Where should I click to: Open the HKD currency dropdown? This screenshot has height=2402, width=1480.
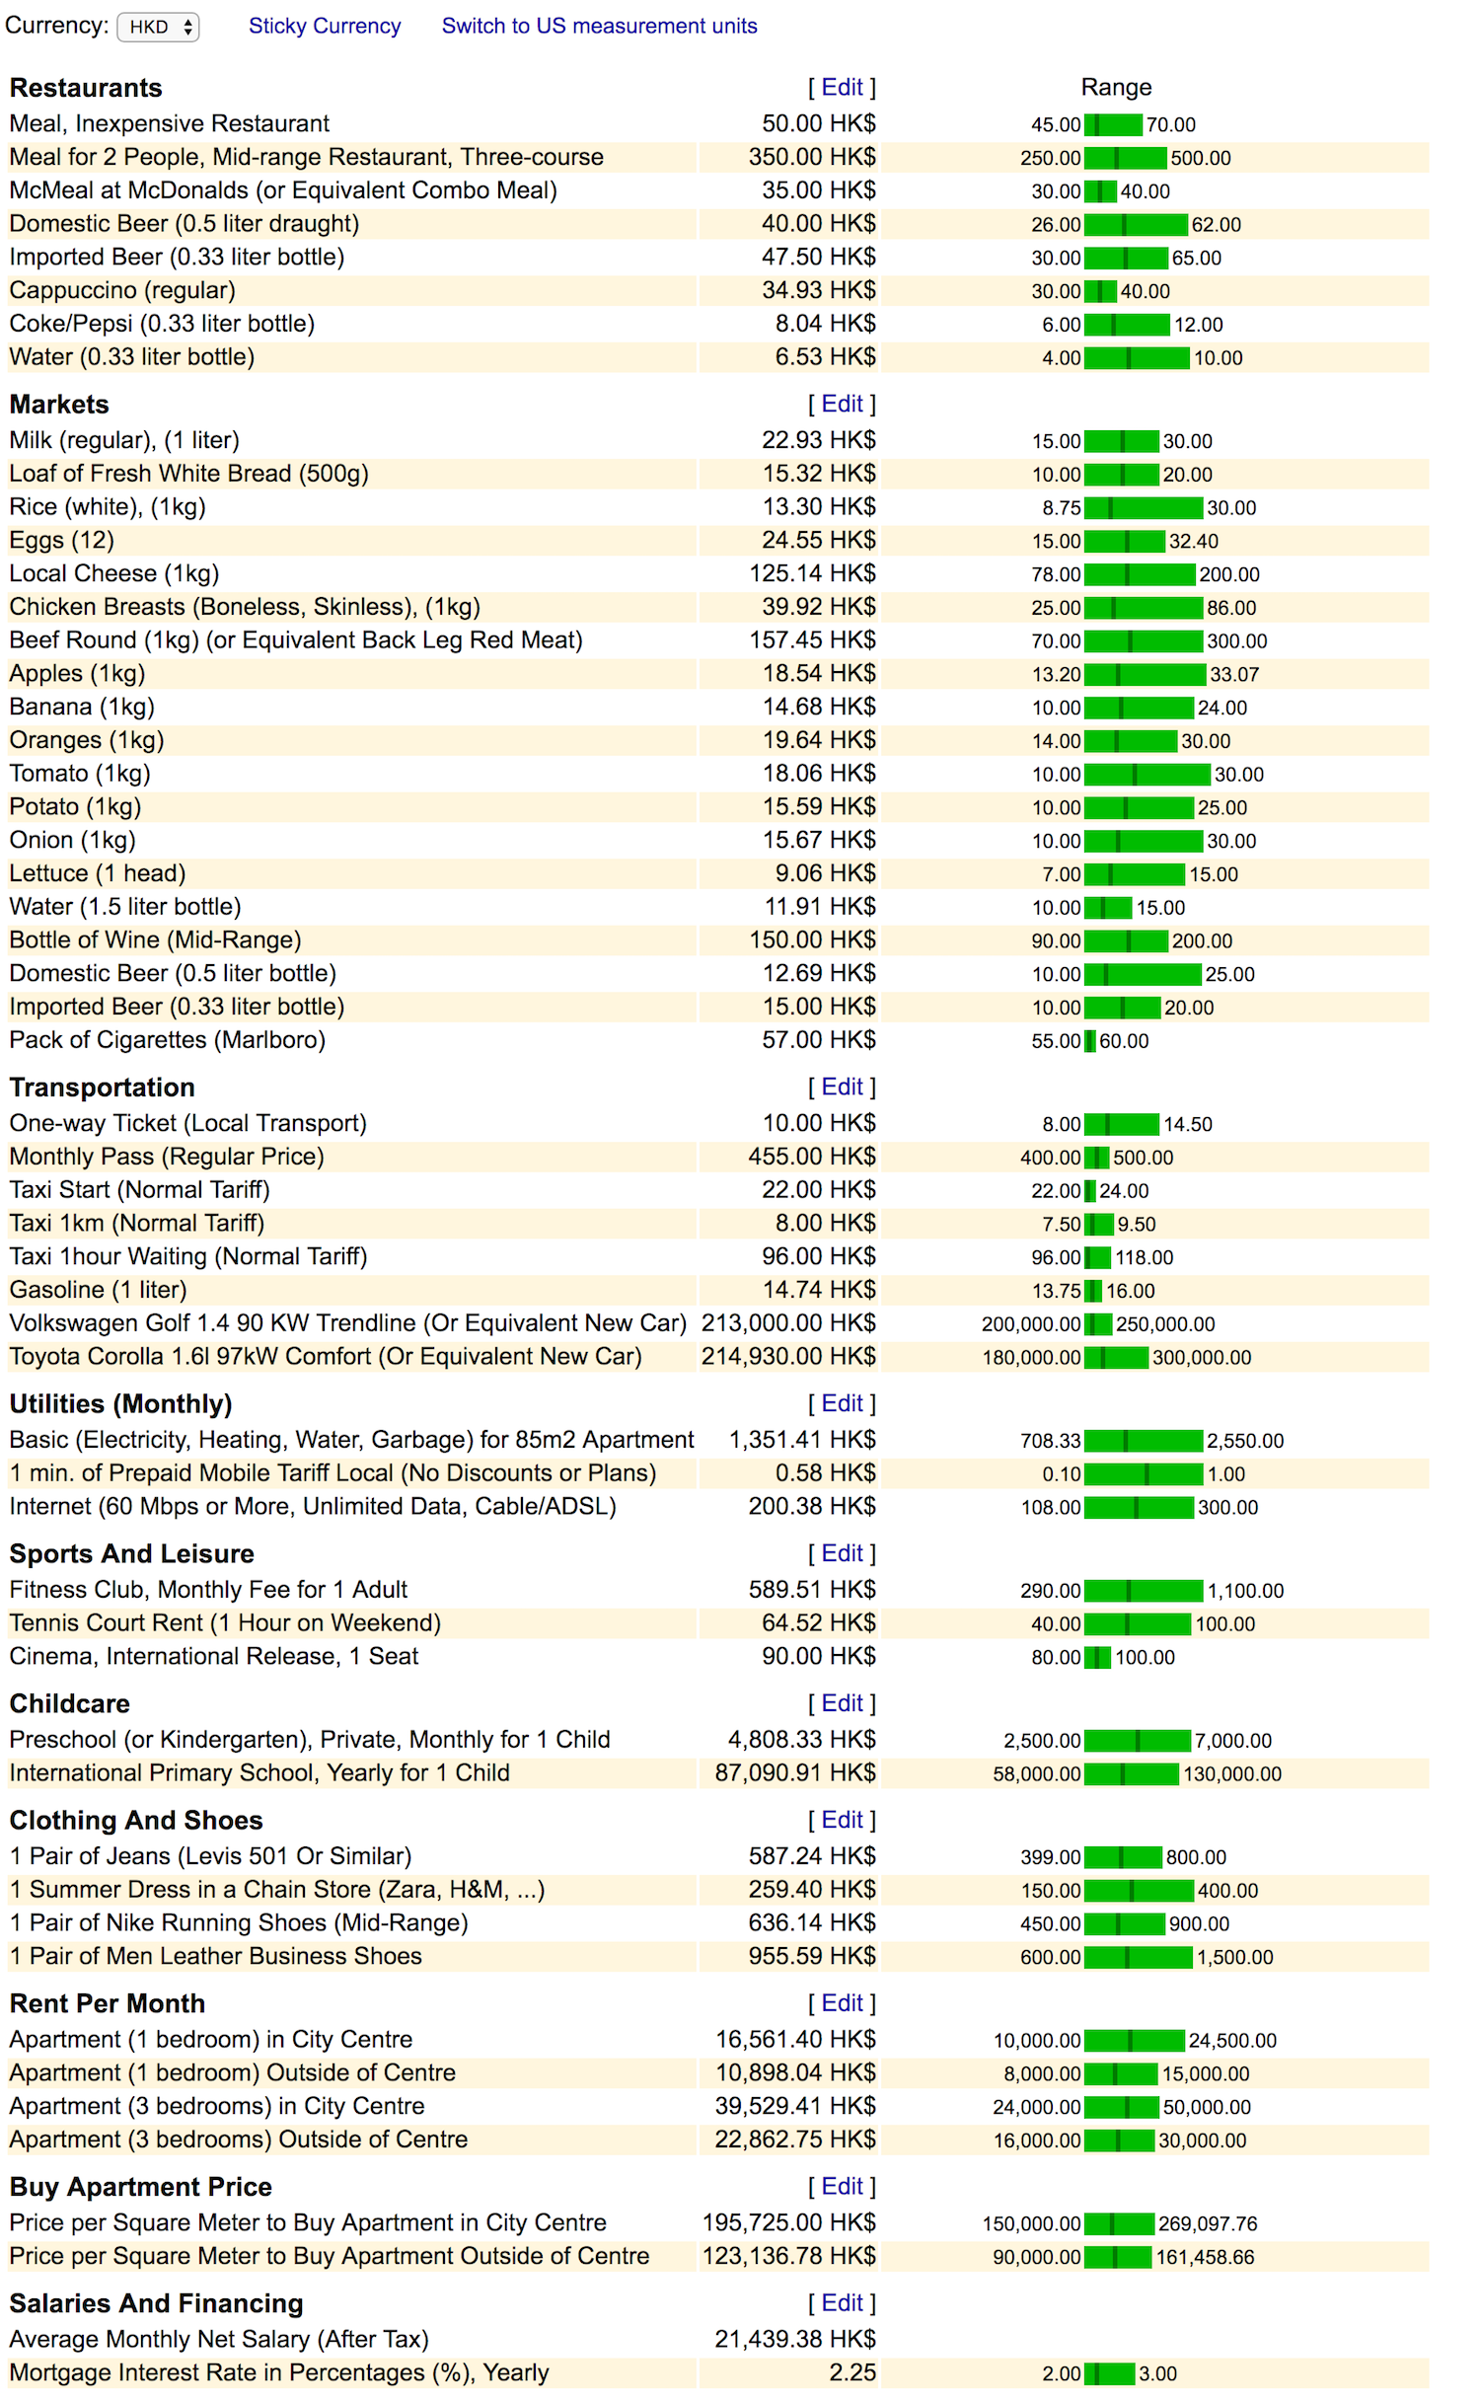pyautogui.click(x=158, y=27)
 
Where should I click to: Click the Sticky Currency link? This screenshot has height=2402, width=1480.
pyautogui.click(x=324, y=27)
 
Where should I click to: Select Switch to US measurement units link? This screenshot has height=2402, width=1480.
pyautogui.click(x=599, y=27)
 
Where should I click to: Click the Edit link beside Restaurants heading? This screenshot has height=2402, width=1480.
pyautogui.click(x=842, y=88)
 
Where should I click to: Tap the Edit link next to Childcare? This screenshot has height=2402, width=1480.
pyautogui.click(x=842, y=1703)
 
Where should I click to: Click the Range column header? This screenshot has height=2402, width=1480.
pyautogui.click(x=1116, y=88)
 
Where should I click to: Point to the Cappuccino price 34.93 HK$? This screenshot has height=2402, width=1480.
pyautogui.click(x=818, y=290)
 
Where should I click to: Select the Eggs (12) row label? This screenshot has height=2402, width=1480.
pyautogui.click(x=62, y=541)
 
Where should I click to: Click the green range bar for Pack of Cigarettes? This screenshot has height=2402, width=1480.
pyautogui.click(x=1090, y=1041)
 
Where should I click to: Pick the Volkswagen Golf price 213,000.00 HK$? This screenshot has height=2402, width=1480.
pyautogui.click(x=788, y=1323)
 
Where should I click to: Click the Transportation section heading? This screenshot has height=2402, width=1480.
pyautogui.click(x=102, y=1088)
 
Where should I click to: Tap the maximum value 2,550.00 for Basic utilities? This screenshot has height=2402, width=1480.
pyautogui.click(x=1245, y=1441)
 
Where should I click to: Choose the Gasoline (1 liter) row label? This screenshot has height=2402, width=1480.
pyautogui.click(x=98, y=1290)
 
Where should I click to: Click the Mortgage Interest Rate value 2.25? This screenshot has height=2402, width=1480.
pyautogui.click(x=852, y=2372)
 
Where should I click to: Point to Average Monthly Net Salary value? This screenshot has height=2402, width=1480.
pyautogui.click(x=795, y=2339)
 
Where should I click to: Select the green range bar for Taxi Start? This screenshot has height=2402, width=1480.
pyautogui.click(x=1090, y=1191)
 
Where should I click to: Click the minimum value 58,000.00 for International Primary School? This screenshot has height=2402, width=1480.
pyautogui.click(x=1036, y=1774)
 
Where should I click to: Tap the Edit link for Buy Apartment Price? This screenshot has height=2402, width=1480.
pyautogui.click(x=842, y=2187)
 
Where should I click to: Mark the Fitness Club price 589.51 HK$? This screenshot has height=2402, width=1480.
pyautogui.click(x=812, y=1590)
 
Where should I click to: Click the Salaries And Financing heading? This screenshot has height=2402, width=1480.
pyautogui.click(x=156, y=2303)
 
